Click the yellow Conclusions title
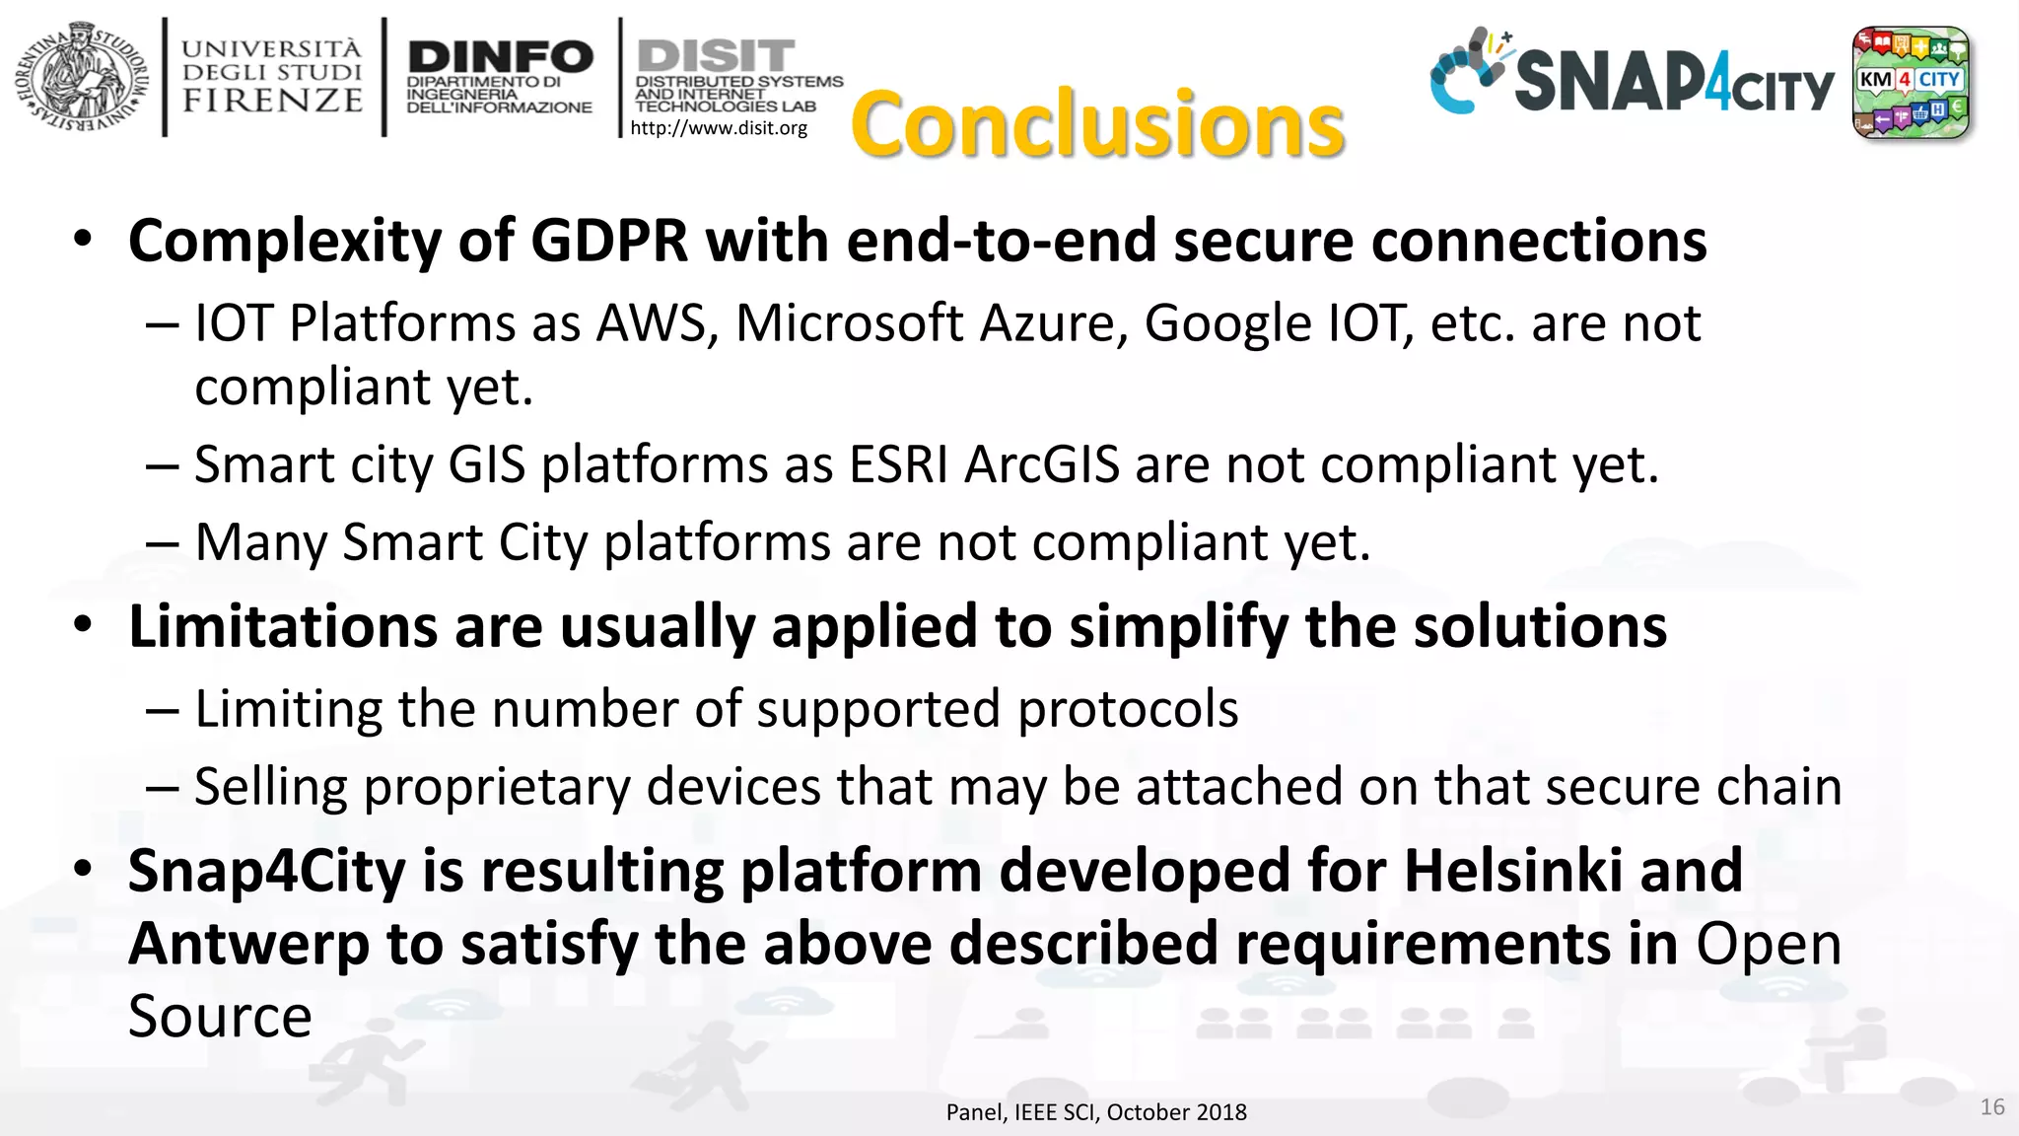pos(1097,125)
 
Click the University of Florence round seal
pos(82,77)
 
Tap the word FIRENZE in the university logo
pos(272,101)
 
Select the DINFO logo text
pos(500,56)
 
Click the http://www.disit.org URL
pos(719,128)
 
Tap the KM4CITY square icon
pos(1911,82)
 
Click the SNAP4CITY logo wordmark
pos(1673,81)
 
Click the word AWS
pos(657,323)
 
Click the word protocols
pos(1128,709)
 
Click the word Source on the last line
pos(220,1017)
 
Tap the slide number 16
pos(1991,1107)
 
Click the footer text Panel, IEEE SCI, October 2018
pos(1096,1112)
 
